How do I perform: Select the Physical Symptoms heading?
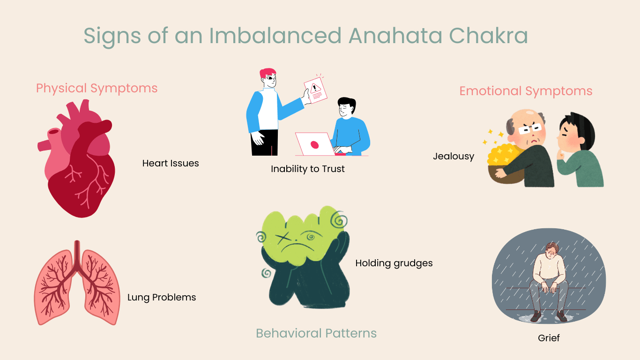click(x=97, y=88)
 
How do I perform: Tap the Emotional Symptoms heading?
click(x=526, y=91)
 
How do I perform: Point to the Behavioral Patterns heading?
click(x=316, y=333)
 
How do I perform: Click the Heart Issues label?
click(x=171, y=163)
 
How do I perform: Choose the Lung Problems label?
click(x=162, y=297)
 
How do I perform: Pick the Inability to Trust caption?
click(x=308, y=169)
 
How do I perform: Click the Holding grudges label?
click(x=394, y=263)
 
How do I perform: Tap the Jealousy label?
click(x=454, y=156)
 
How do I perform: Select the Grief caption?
click(x=549, y=337)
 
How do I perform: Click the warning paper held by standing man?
click(x=315, y=90)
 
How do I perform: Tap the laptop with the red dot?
click(x=314, y=144)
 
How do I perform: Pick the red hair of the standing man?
click(x=268, y=74)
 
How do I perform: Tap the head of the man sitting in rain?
click(x=554, y=250)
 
